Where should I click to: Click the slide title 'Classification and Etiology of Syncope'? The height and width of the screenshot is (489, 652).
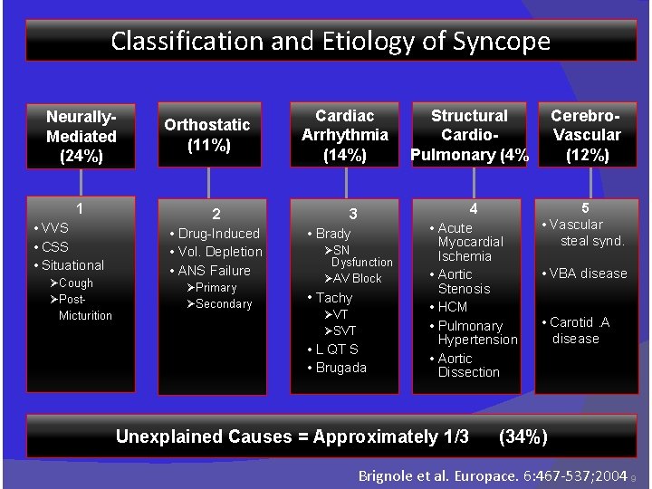point(331,41)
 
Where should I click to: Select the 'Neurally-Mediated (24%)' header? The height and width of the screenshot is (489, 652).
point(81,136)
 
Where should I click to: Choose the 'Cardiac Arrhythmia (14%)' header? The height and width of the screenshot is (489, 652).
point(345,135)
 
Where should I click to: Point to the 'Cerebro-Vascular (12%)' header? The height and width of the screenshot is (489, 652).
point(586,135)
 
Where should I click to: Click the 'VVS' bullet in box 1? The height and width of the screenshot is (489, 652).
point(54,227)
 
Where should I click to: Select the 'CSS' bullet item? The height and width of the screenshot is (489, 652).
point(54,246)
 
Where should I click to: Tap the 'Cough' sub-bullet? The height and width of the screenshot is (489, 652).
point(75,283)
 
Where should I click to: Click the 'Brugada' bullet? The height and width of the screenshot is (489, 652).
point(340,368)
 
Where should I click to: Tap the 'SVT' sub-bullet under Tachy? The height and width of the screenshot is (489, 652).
point(343,331)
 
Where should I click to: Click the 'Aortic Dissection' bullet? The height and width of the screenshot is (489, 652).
point(467,365)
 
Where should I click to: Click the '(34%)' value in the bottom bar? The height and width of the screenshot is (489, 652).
point(523,436)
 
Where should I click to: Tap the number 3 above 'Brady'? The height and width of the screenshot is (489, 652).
point(354,215)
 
